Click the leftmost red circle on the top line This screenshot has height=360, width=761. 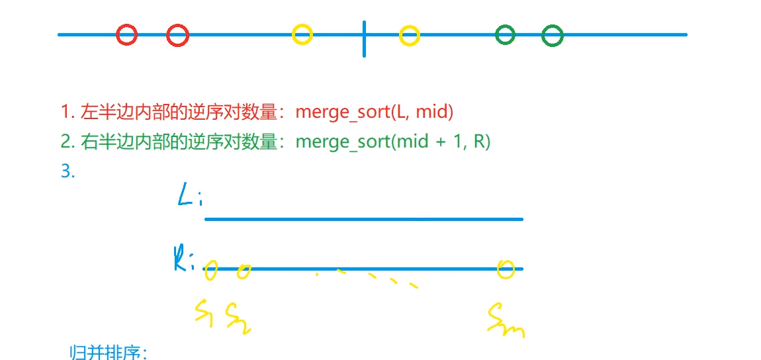pos(126,34)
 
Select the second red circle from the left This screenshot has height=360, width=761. pos(177,35)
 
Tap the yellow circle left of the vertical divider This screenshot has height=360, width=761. pos(302,34)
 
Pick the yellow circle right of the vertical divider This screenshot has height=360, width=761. pos(410,35)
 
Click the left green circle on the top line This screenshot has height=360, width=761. pos(506,34)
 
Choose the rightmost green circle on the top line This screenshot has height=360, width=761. pos(553,36)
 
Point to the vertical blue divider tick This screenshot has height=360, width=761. pos(364,38)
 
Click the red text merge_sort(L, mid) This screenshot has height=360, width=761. pos(374,112)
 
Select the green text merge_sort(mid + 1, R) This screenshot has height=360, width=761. pos(392,142)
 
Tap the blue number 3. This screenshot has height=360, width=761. pos(67,171)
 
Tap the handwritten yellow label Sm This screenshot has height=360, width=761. pos(506,320)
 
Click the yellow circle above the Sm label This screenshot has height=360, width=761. pos(506,269)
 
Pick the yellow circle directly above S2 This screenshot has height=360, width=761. pos(244,271)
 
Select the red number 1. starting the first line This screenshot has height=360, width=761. pos(67,112)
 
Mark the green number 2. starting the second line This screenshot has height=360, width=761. pos(67,142)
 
